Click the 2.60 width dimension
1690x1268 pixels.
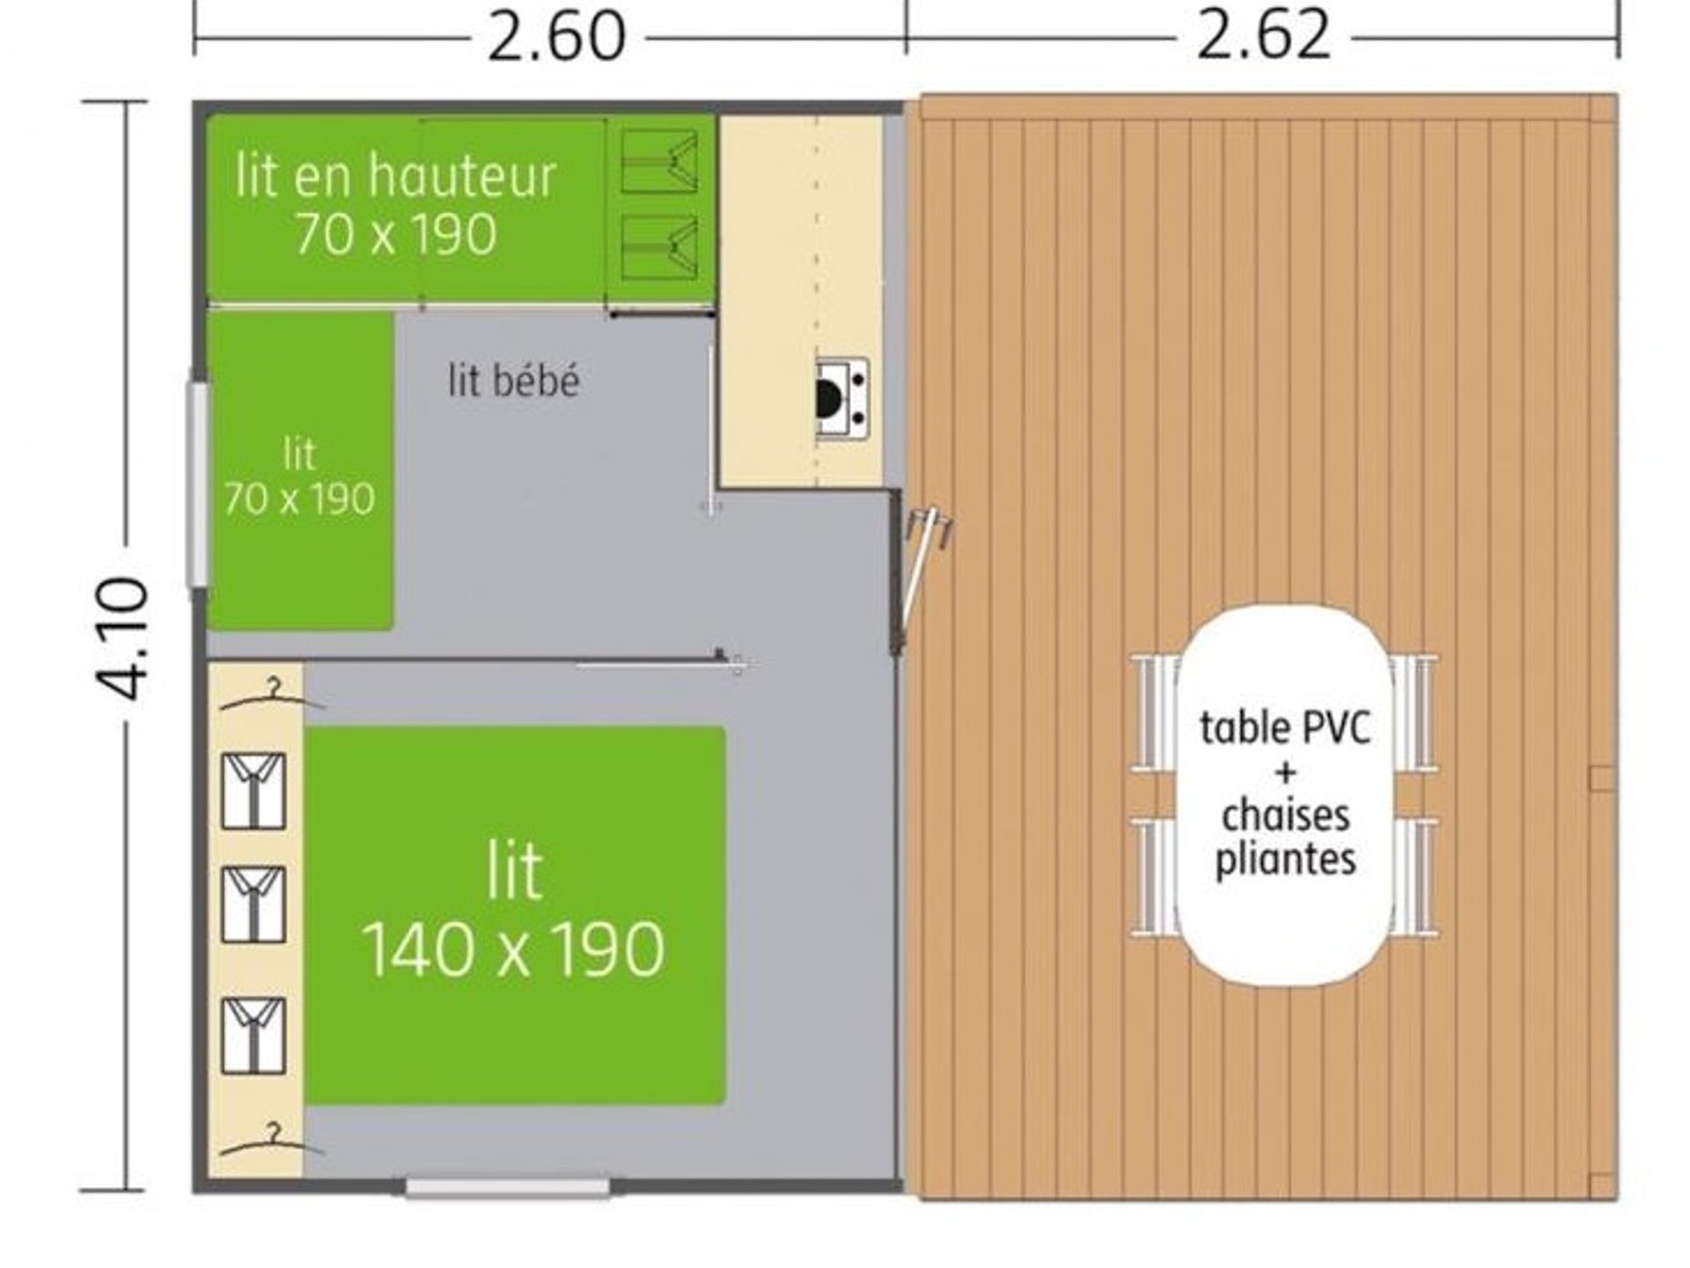tap(556, 37)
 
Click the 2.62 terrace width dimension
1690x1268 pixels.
tap(1263, 37)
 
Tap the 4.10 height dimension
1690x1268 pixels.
tap(122, 638)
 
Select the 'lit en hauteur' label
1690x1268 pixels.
tap(395, 175)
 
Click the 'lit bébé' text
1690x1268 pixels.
tap(514, 381)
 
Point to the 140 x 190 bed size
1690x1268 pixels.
tap(513, 949)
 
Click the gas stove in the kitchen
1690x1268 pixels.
tap(842, 399)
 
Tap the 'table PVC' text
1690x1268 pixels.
tap(1285, 728)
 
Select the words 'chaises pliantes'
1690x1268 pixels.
tap(1285, 837)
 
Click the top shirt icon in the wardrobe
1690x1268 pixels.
tap(253, 791)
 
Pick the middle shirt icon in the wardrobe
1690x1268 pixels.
tap(253, 904)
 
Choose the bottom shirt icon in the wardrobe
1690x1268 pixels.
tap(253, 1036)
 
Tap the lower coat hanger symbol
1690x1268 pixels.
tap(272, 1140)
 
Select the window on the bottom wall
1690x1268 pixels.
tap(508, 1188)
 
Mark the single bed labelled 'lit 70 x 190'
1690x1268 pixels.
tap(300, 471)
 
